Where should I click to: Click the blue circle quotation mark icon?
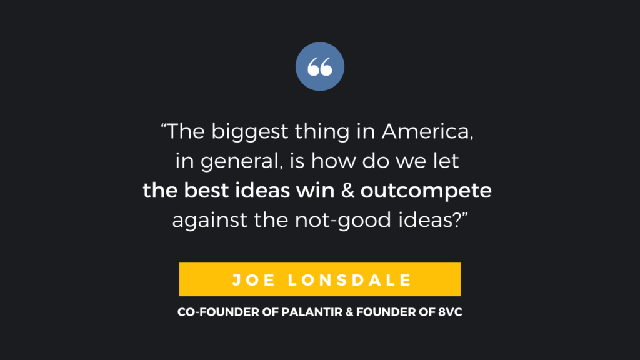point(320,66)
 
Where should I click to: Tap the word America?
point(427,131)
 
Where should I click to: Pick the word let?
point(446,161)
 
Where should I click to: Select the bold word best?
point(206,190)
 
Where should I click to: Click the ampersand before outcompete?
point(347,191)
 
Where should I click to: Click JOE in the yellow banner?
point(254,280)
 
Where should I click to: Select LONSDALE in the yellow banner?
point(349,280)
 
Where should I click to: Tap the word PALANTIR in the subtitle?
point(312,312)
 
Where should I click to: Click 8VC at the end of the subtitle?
point(450,312)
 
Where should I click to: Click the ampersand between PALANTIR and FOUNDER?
point(349,312)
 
